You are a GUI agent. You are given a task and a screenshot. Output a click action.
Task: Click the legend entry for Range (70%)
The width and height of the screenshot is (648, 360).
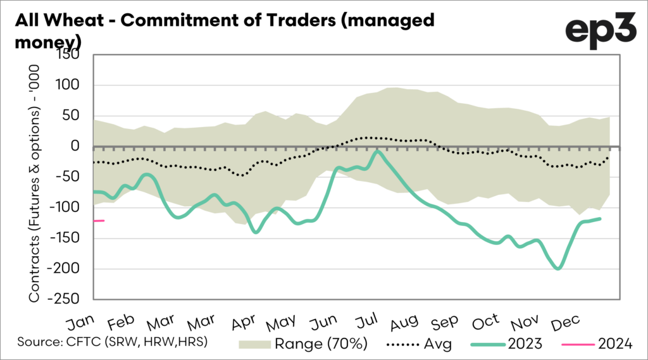(298, 344)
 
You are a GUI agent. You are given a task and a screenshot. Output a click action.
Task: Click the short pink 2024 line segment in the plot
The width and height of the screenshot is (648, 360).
(99, 220)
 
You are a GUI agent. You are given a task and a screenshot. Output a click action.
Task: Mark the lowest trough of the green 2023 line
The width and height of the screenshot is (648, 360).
(558, 268)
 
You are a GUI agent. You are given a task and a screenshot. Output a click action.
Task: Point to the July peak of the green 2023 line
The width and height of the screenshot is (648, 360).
(377, 151)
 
